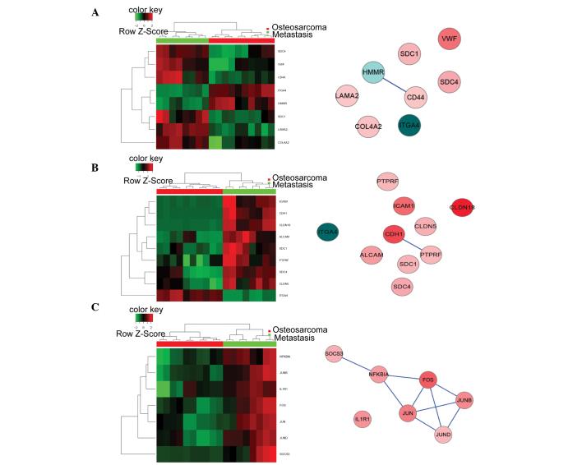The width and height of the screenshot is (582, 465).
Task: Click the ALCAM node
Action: [x=372, y=256]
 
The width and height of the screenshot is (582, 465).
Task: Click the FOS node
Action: [x=427, y=380]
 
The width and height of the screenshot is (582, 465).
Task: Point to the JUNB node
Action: [x=464, y=402]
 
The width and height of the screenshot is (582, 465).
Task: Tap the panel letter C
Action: [x=96, y=308]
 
